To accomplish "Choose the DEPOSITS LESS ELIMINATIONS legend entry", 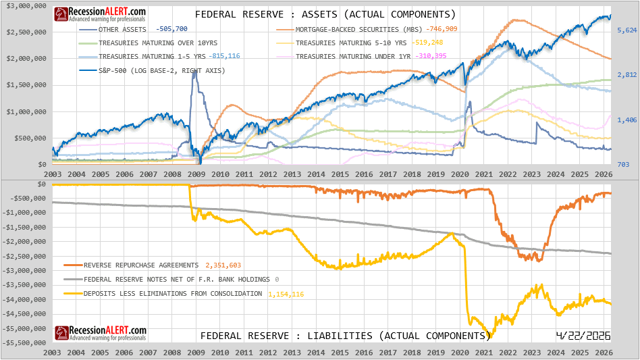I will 172,294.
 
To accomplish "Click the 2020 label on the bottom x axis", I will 460,353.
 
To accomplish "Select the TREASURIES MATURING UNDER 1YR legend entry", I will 354,57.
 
